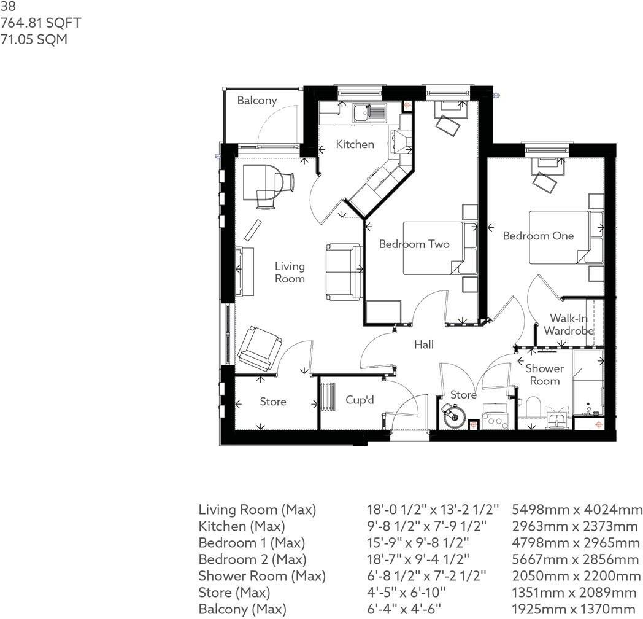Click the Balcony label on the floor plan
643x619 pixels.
[x=257, y=101]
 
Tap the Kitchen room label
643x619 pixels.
[x=355, y=144]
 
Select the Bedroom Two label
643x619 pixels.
[x=414, y=244]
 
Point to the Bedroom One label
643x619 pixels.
[x=538, y=236]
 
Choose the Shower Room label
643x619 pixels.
[x=544, y=375]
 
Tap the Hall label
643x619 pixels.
[x=424, y=345]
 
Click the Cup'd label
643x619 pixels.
[x=360, y=400]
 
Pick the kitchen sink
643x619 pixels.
[x=369, y=112]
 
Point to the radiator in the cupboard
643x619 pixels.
[x=328, y=398]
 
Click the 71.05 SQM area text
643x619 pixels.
[x=34, y=40]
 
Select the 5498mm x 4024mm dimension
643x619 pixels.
[x=577, y=510]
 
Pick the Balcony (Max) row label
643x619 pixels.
[x=242, y=609]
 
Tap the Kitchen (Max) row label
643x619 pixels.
[x=241, y=526]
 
